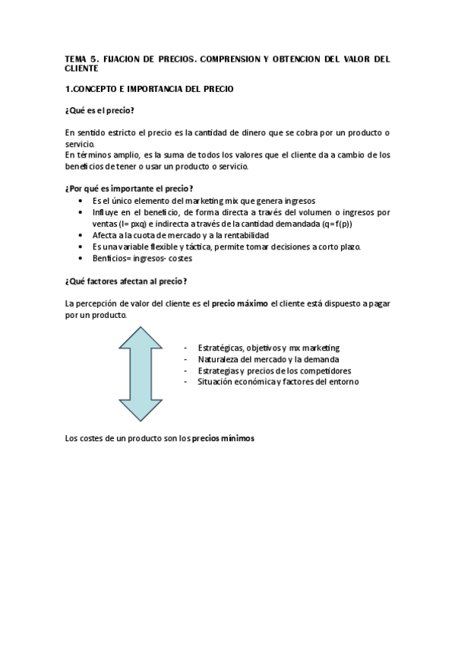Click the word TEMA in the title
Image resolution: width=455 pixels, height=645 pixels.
77,58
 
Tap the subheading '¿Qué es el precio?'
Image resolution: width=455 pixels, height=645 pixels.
100,110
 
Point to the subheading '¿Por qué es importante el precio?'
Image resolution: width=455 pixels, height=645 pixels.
129,189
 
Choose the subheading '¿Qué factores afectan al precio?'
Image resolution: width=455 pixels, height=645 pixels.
126,281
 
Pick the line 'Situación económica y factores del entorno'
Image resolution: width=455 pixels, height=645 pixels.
278,381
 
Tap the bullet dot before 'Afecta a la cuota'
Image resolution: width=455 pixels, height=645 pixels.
81,236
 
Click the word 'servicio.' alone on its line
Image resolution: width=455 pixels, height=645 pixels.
81,144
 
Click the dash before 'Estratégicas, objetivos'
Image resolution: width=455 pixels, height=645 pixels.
186,348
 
